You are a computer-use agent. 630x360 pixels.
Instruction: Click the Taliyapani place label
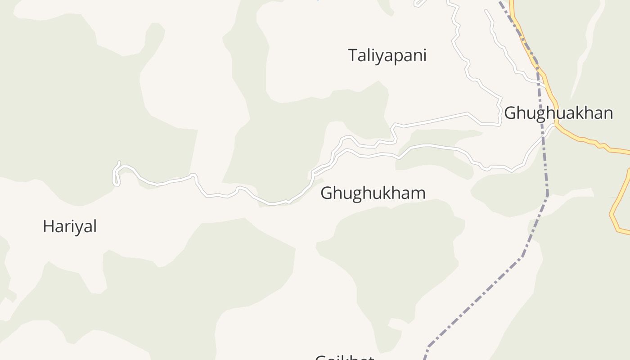387,56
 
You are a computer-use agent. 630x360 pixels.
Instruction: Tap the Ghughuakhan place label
558,113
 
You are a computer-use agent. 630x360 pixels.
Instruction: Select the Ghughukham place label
373,193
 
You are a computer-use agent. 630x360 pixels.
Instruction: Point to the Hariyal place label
70,226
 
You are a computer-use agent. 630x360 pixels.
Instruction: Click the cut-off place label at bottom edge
344,357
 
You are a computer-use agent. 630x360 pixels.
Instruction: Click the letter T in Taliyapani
353,55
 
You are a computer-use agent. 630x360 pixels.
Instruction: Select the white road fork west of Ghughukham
313,173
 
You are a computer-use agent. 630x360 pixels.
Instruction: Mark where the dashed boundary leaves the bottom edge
424,359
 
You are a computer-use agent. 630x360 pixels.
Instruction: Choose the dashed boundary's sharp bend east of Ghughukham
547,195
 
